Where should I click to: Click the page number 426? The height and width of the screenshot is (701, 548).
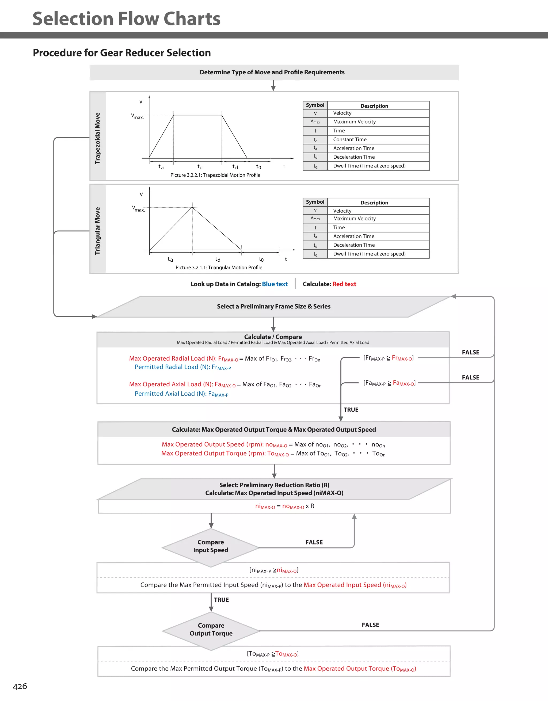pos(20,686)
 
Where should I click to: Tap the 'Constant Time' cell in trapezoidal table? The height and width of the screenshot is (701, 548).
pos(350,140)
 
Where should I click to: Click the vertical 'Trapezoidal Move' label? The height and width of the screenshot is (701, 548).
pos(98,138)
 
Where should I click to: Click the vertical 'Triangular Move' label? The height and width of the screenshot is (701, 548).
pos(98,231)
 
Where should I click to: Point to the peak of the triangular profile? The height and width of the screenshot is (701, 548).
pos(192,207)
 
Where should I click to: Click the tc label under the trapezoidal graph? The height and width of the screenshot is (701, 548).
pos(200,167)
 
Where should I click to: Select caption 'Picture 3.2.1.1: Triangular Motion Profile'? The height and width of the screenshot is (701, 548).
pos(219,268)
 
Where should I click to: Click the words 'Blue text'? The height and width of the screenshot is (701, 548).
pos(275,284)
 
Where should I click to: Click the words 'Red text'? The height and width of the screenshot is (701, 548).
pos(344,284)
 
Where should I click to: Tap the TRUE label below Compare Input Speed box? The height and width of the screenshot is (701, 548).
pos(221,600)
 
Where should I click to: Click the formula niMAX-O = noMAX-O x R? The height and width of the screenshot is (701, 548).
pos(284,506)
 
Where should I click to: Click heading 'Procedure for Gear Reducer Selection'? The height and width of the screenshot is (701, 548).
pos(122,53)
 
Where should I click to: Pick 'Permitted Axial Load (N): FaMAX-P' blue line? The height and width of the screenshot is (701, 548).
pos(181,394)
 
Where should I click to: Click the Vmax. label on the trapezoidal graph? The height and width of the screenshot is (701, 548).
pos(137,116)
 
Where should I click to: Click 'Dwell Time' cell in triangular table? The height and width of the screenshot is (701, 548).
pos(369,254)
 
